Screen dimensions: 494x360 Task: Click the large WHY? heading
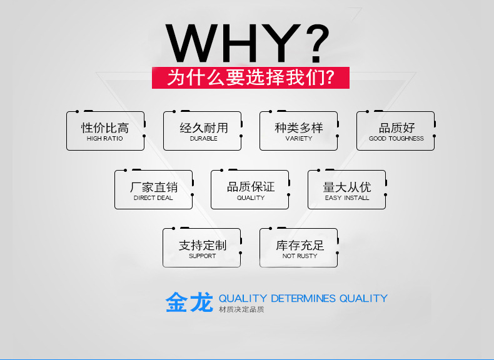tap(247, 42)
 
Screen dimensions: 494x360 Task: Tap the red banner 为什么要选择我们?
tap(250, 77)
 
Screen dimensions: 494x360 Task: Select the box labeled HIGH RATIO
tap(105, 131)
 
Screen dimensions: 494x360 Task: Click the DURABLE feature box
tap(202, 131)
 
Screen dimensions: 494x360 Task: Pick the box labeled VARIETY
tap(298, 131)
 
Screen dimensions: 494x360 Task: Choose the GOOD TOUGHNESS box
tap(395, 131)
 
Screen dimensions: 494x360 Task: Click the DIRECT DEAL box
tap(153, 190)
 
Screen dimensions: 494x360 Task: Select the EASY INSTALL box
tap(346, 190)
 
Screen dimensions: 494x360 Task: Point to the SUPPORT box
tap(201, 249)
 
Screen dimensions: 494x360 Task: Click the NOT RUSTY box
tap(298, 249)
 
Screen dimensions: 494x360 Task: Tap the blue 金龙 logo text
tap(189, 302)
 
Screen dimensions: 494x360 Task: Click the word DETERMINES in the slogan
tap(303, 298)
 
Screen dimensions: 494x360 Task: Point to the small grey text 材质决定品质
tap(241, 310)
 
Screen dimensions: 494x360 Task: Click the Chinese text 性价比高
tap(105, 127)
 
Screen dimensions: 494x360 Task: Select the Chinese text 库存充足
tap(300, 245)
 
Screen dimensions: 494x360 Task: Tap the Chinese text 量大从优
tap(347, 186)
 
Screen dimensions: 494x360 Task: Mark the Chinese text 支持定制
tap(202, 245)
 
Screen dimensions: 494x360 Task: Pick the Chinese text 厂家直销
tap(153, 186)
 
